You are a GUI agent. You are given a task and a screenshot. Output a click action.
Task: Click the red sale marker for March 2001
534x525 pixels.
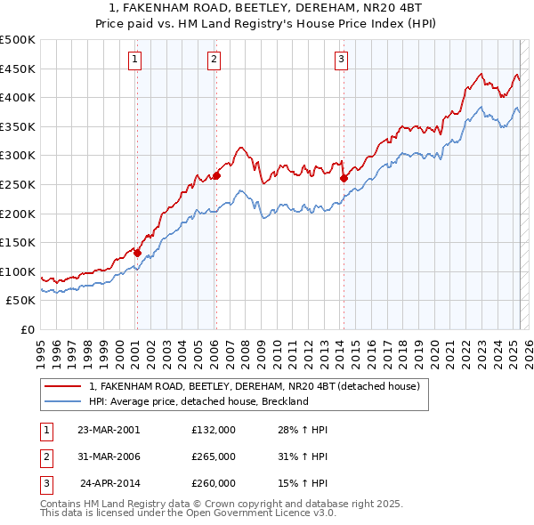coord(137,253)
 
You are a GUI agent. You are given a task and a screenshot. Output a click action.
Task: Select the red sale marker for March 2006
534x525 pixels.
coord(216,175)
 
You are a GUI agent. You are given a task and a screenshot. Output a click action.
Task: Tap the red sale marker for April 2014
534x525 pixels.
coord(344,178)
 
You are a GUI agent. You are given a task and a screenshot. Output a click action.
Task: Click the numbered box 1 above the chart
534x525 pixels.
coord(134,60)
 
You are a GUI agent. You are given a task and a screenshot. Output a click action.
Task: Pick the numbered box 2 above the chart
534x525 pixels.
coord(214,60)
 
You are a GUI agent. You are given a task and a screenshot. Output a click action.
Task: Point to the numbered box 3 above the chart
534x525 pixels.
coord(342,60)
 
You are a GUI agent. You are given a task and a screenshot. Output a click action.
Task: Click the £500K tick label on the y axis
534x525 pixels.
coord(18,40)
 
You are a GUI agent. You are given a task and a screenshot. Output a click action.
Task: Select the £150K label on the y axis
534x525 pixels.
coord(18,242)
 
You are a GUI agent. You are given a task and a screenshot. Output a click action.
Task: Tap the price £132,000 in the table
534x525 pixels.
coord(214,429)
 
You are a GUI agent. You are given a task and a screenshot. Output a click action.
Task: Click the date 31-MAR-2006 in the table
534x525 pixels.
coord(109,456)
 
